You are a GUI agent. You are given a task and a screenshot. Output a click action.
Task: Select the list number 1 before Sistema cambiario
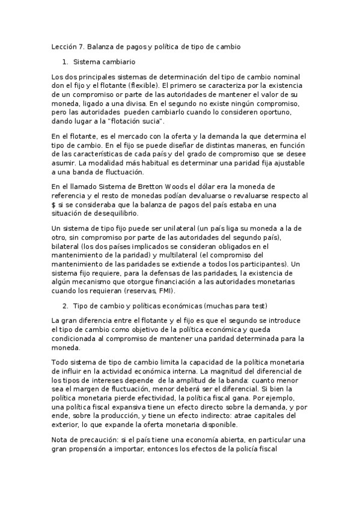coord(65,62)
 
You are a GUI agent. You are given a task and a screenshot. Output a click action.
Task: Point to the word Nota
coord(61,440)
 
